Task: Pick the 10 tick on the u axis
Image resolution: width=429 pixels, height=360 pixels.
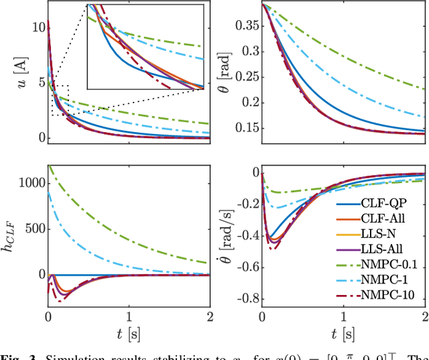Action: click(x=38, y=27)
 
